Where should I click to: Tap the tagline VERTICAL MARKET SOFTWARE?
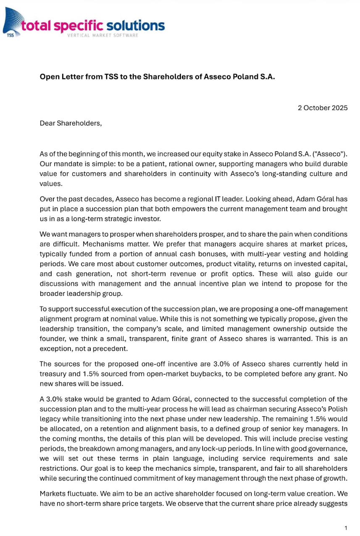(x=103, y=35)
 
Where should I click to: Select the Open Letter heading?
(x=157, y=77)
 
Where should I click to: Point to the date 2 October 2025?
(x=323, y=108)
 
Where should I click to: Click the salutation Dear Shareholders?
(x=71, y=123)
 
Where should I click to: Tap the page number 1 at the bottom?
(x=346, y=528)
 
